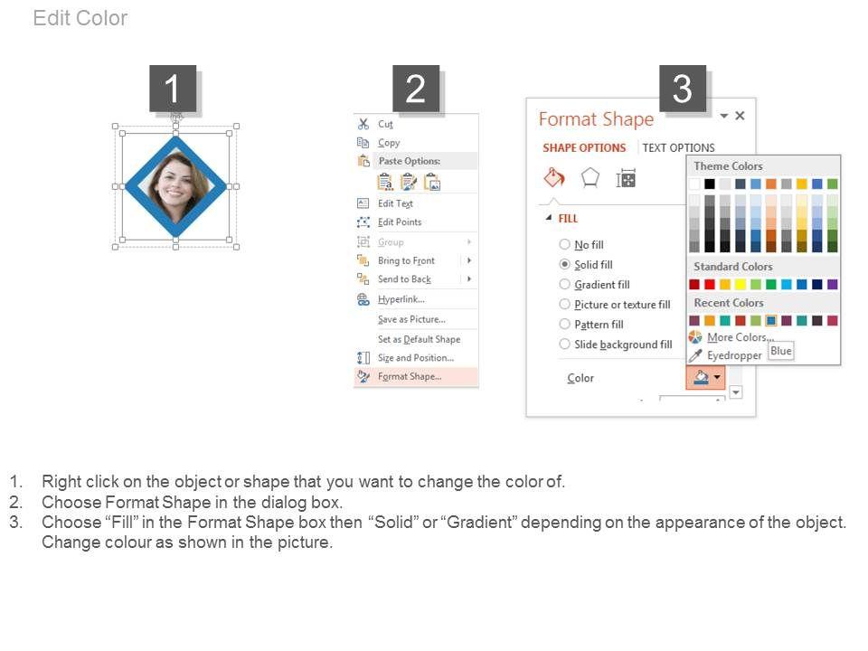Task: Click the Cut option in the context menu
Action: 385,124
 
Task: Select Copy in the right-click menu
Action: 389,143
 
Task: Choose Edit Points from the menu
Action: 400,222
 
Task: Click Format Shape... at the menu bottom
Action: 410,376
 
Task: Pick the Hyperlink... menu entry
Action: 401,299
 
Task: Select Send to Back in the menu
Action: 405,279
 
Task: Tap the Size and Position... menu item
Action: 416,358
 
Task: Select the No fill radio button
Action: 564,244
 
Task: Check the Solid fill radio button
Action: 564,264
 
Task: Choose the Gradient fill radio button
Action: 564,284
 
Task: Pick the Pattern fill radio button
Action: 564,324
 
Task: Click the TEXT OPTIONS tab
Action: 679,147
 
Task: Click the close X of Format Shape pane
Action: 741,116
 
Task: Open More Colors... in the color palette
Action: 737,337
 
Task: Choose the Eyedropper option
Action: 734,355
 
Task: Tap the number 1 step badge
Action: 172,89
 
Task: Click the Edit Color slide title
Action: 80,18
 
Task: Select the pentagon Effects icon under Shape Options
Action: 590,178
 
